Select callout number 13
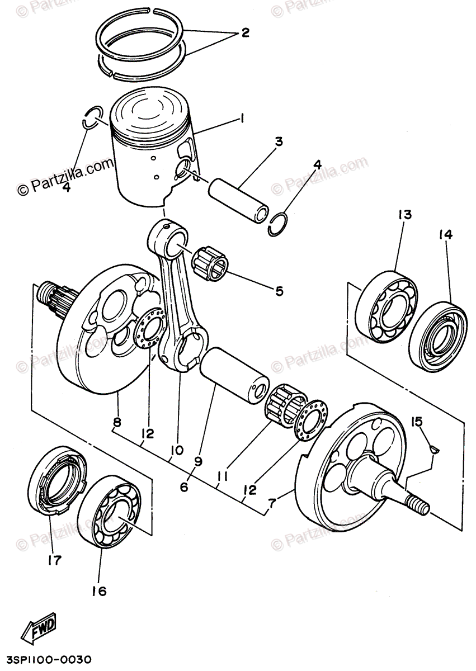pyautogui.click(x=404, y=215)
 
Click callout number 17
pyautogui.click(x=54, y=559)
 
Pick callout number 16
pyautogui.click(x=98, y=590)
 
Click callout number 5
pyautogui.click(x=278, y=291)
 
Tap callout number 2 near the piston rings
pyautogui.click(x=244, y=33)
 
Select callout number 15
pyautogui.click(x=417, y=420)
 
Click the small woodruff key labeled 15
pyautogui.click(x=435, y=447)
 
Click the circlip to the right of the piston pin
pyautogui.click(x=279, y=225)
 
